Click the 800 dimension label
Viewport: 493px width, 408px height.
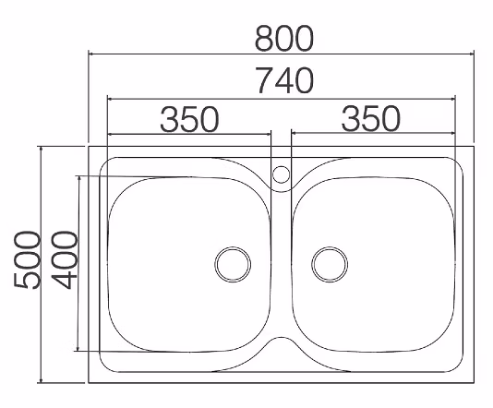284,39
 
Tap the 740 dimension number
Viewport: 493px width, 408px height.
284,80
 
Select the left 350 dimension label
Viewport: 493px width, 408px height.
189,119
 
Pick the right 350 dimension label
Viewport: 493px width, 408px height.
371,118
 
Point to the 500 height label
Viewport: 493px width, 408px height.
28,260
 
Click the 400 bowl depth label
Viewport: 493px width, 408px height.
64,260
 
